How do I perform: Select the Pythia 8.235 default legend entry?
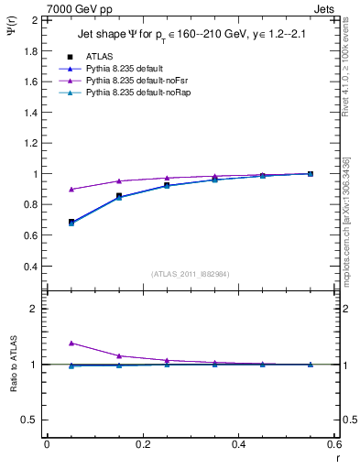click(x=124, y=69)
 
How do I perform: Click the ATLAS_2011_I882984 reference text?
click(x=190, y=274)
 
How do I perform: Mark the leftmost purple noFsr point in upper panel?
click(x=71, y=190)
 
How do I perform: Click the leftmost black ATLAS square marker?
click(x=71, y=222)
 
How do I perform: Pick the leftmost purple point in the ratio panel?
click(x=71, y=343)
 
